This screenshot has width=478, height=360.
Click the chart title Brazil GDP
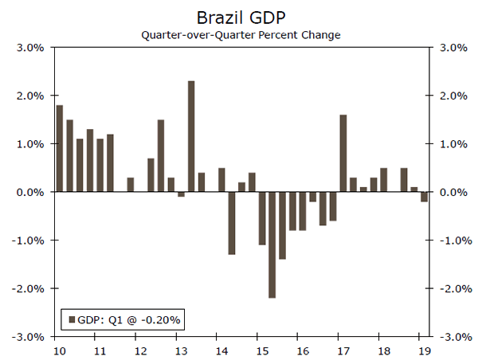click(239, 16)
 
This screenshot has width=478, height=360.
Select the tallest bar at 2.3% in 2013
click(191, 136)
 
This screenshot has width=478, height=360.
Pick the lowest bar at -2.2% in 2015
click(272, 245)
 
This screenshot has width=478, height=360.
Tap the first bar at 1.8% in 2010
click(60, 148)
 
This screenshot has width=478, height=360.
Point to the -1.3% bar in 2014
click(232, 223)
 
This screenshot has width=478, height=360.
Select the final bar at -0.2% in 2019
click(424, 197)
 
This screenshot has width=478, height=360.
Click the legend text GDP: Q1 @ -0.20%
click(131, 320)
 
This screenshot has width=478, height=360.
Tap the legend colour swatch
click(72, 320)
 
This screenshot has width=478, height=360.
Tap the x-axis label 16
click(303, 350)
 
